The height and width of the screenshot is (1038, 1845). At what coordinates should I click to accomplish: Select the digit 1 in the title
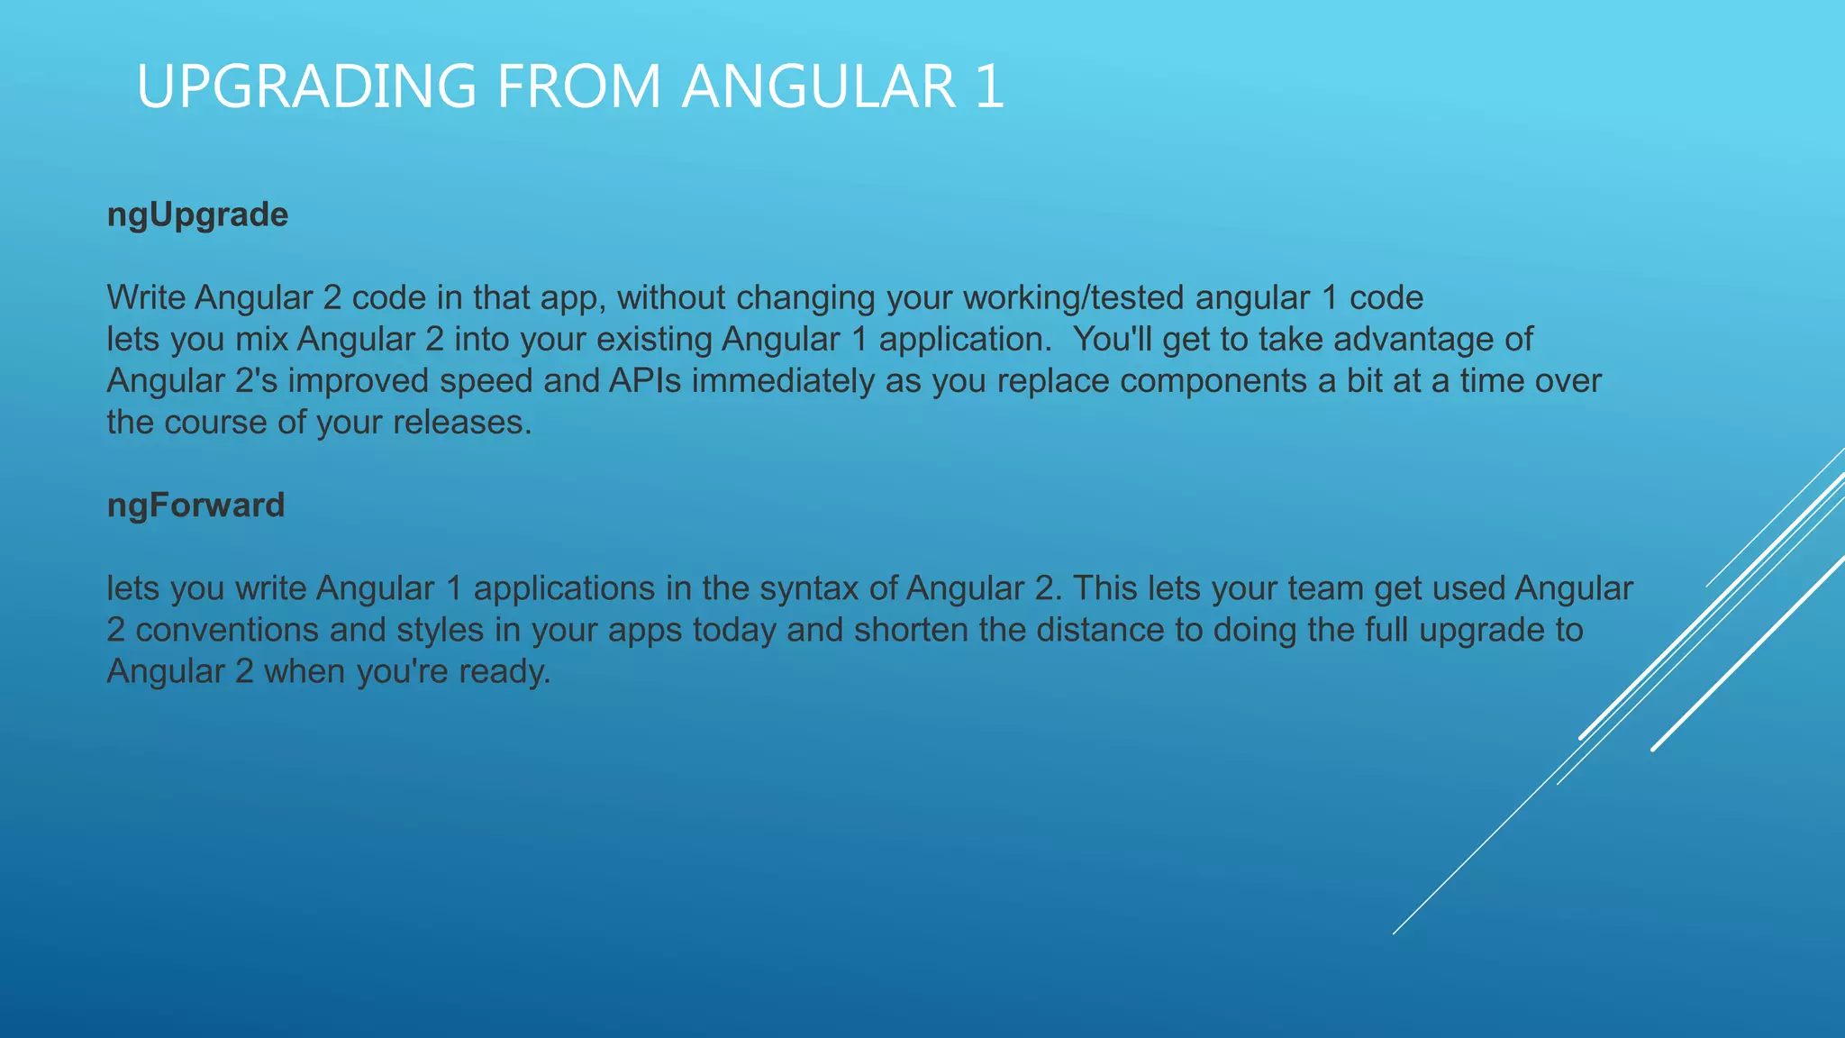989,86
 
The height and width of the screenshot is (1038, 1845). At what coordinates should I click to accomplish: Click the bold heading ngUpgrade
197,215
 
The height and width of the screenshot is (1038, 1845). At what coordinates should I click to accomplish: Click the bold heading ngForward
195,505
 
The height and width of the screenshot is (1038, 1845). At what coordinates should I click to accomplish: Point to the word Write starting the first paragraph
146,297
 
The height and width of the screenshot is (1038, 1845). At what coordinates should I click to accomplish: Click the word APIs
645,381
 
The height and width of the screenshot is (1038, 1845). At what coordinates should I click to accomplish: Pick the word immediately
783,381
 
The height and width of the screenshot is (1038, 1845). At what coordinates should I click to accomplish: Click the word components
1213,381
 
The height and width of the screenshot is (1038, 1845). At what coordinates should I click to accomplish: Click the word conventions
227,630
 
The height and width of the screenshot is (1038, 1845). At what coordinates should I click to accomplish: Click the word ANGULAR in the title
818,86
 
